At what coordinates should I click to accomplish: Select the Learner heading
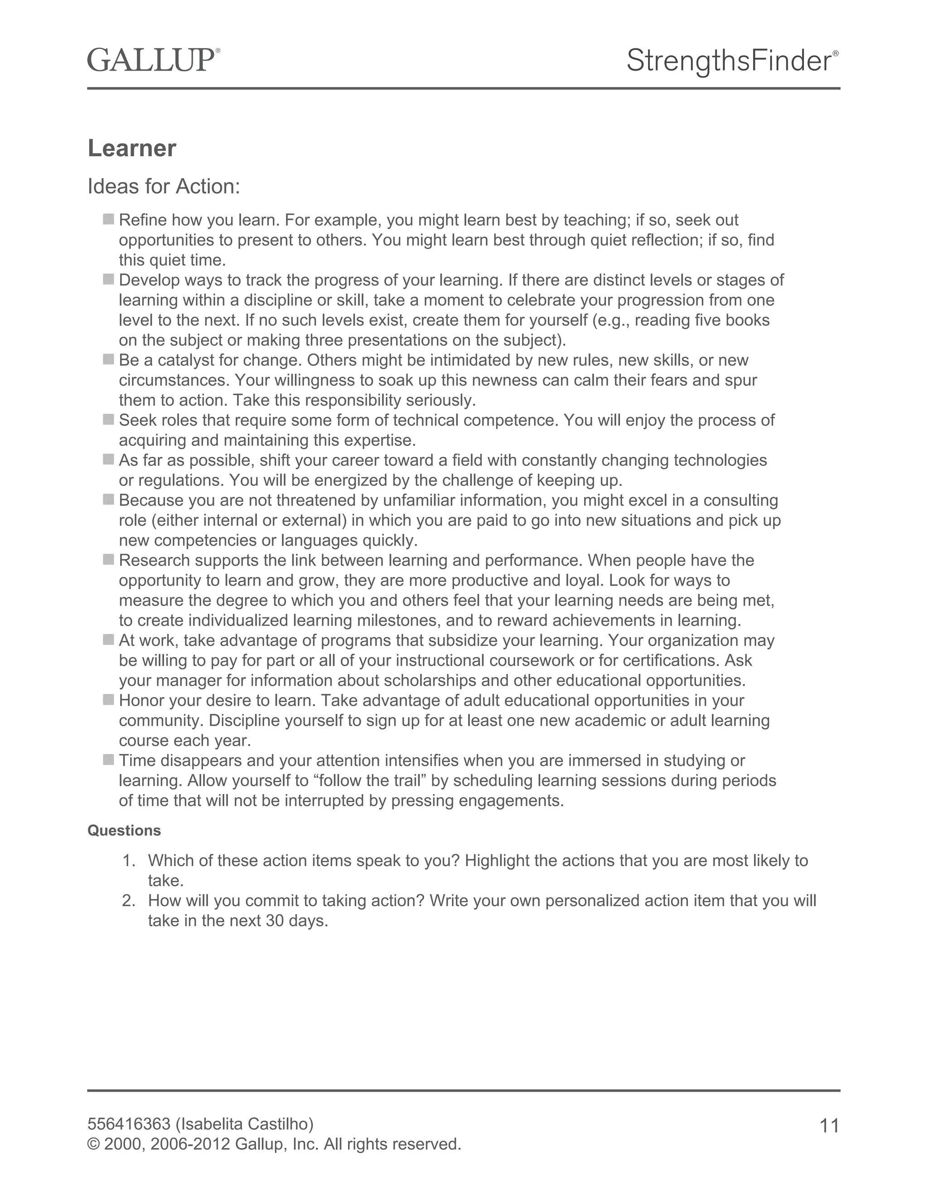click(x=132, y=149)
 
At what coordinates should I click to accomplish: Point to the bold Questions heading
click(x=124, y=830)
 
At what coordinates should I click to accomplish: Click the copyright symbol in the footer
click(x=93, y=1144)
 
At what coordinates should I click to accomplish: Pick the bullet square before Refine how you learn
click(x=108, y=219)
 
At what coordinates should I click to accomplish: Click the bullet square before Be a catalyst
click(x=108, y=360)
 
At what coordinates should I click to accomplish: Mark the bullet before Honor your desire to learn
click(x=108, y=700)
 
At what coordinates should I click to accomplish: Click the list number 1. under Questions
click(x=129, y=861)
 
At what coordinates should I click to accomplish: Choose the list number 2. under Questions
click(x=129, y=901)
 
